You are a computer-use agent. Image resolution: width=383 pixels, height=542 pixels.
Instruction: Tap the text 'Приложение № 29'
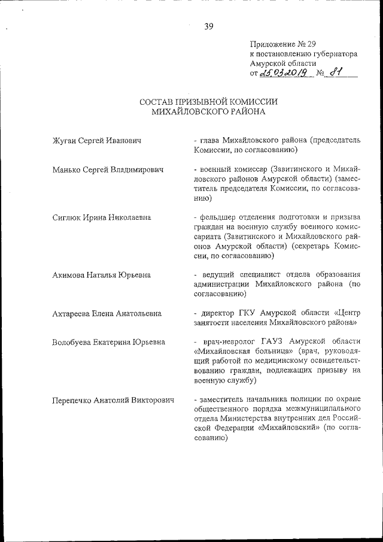coord(282,44)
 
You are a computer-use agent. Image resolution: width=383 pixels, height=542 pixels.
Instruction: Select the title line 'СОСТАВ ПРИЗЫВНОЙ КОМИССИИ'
coord(208,101)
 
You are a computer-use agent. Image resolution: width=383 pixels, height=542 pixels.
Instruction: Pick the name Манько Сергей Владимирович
coord(108,170)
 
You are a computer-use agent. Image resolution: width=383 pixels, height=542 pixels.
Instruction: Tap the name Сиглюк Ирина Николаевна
coord(101,217)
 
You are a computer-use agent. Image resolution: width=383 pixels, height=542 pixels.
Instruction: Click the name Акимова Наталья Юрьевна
coord(101,275)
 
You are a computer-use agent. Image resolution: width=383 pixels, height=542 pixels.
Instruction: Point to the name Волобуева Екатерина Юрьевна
coord(108,342)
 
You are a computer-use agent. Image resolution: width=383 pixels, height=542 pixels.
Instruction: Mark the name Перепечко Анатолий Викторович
coord(113,399)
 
